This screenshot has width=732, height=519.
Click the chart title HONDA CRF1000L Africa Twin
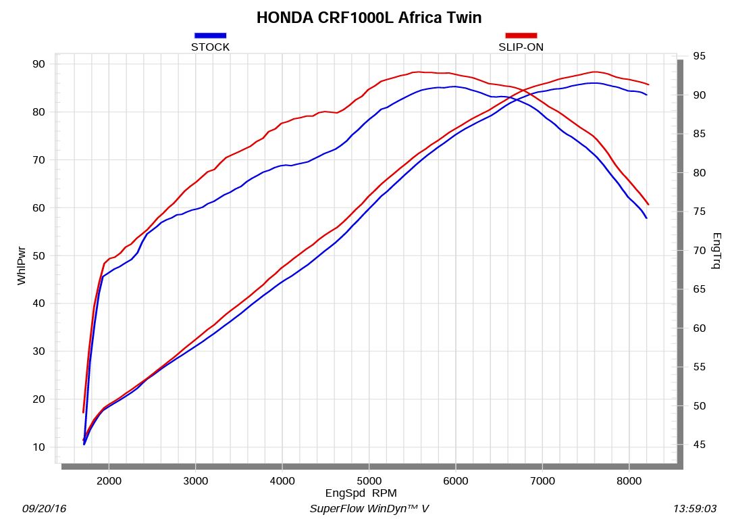click(x=369, y=18)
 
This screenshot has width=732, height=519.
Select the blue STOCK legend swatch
click(x=210, y=35)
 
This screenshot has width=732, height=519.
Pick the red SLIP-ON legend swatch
click(x=521, y=35)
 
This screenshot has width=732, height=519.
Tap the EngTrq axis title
click(x=716, y=251)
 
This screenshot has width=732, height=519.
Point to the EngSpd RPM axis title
click(x=361, y=493)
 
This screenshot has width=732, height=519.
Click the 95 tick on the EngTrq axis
click(x=699, y=56)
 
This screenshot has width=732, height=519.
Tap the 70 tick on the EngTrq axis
click(x=699, y=251)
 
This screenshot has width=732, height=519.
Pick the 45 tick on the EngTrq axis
click(x=699, y=445)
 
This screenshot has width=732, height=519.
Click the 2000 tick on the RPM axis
click(x=109, y=481)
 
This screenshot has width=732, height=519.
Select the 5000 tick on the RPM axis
click(x=369, y=481)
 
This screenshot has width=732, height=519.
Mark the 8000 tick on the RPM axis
click(x=629, y=481)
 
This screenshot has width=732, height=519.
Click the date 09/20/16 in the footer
click(x=45, y=508)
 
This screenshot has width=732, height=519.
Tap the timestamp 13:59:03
click(x=696, y=508)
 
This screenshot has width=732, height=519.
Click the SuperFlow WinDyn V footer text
click(x=369, y=508)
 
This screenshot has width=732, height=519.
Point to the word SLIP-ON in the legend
click(x=521, y=47)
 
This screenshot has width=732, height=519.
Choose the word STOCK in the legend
click(x=210, y=47)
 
